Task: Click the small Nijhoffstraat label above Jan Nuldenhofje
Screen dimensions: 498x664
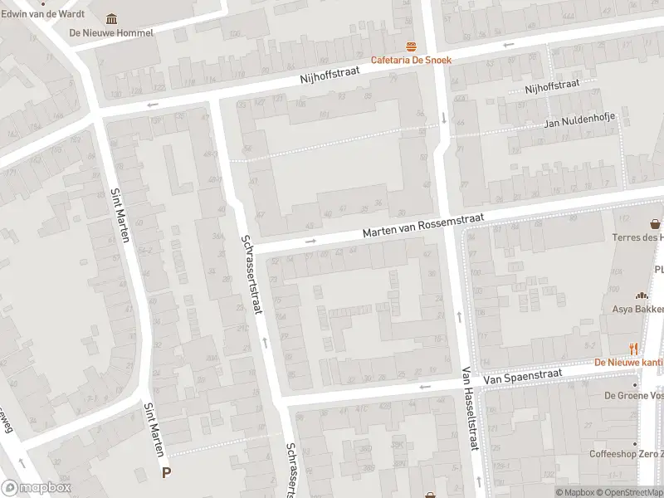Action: pyautogui.click(x=551, y=87)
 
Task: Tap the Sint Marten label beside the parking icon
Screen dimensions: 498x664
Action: pyautogui.click(x=155, y=429)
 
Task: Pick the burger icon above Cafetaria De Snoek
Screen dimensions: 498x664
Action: pyautogui.click(x=409, y=46)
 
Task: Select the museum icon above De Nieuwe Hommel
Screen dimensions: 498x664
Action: pyautogui.click(x=112, y=19)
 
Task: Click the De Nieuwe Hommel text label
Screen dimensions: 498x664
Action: pyautogui.click(x=112, y=33)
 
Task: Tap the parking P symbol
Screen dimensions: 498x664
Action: pyautogui.click(x=167, y=473)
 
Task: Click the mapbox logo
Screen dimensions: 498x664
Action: pyautogui.click(x=37, y=488)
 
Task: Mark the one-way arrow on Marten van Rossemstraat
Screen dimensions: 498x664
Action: pyautogui.click(x=311, y=242)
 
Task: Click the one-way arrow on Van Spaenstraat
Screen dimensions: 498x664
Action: pyautogui.click(x=426, y=387)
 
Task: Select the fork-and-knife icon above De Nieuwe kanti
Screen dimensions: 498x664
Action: pyautogui.click(x=634, y=349)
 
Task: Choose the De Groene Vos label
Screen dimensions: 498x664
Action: pyautogui.click(x=632, y=395)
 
